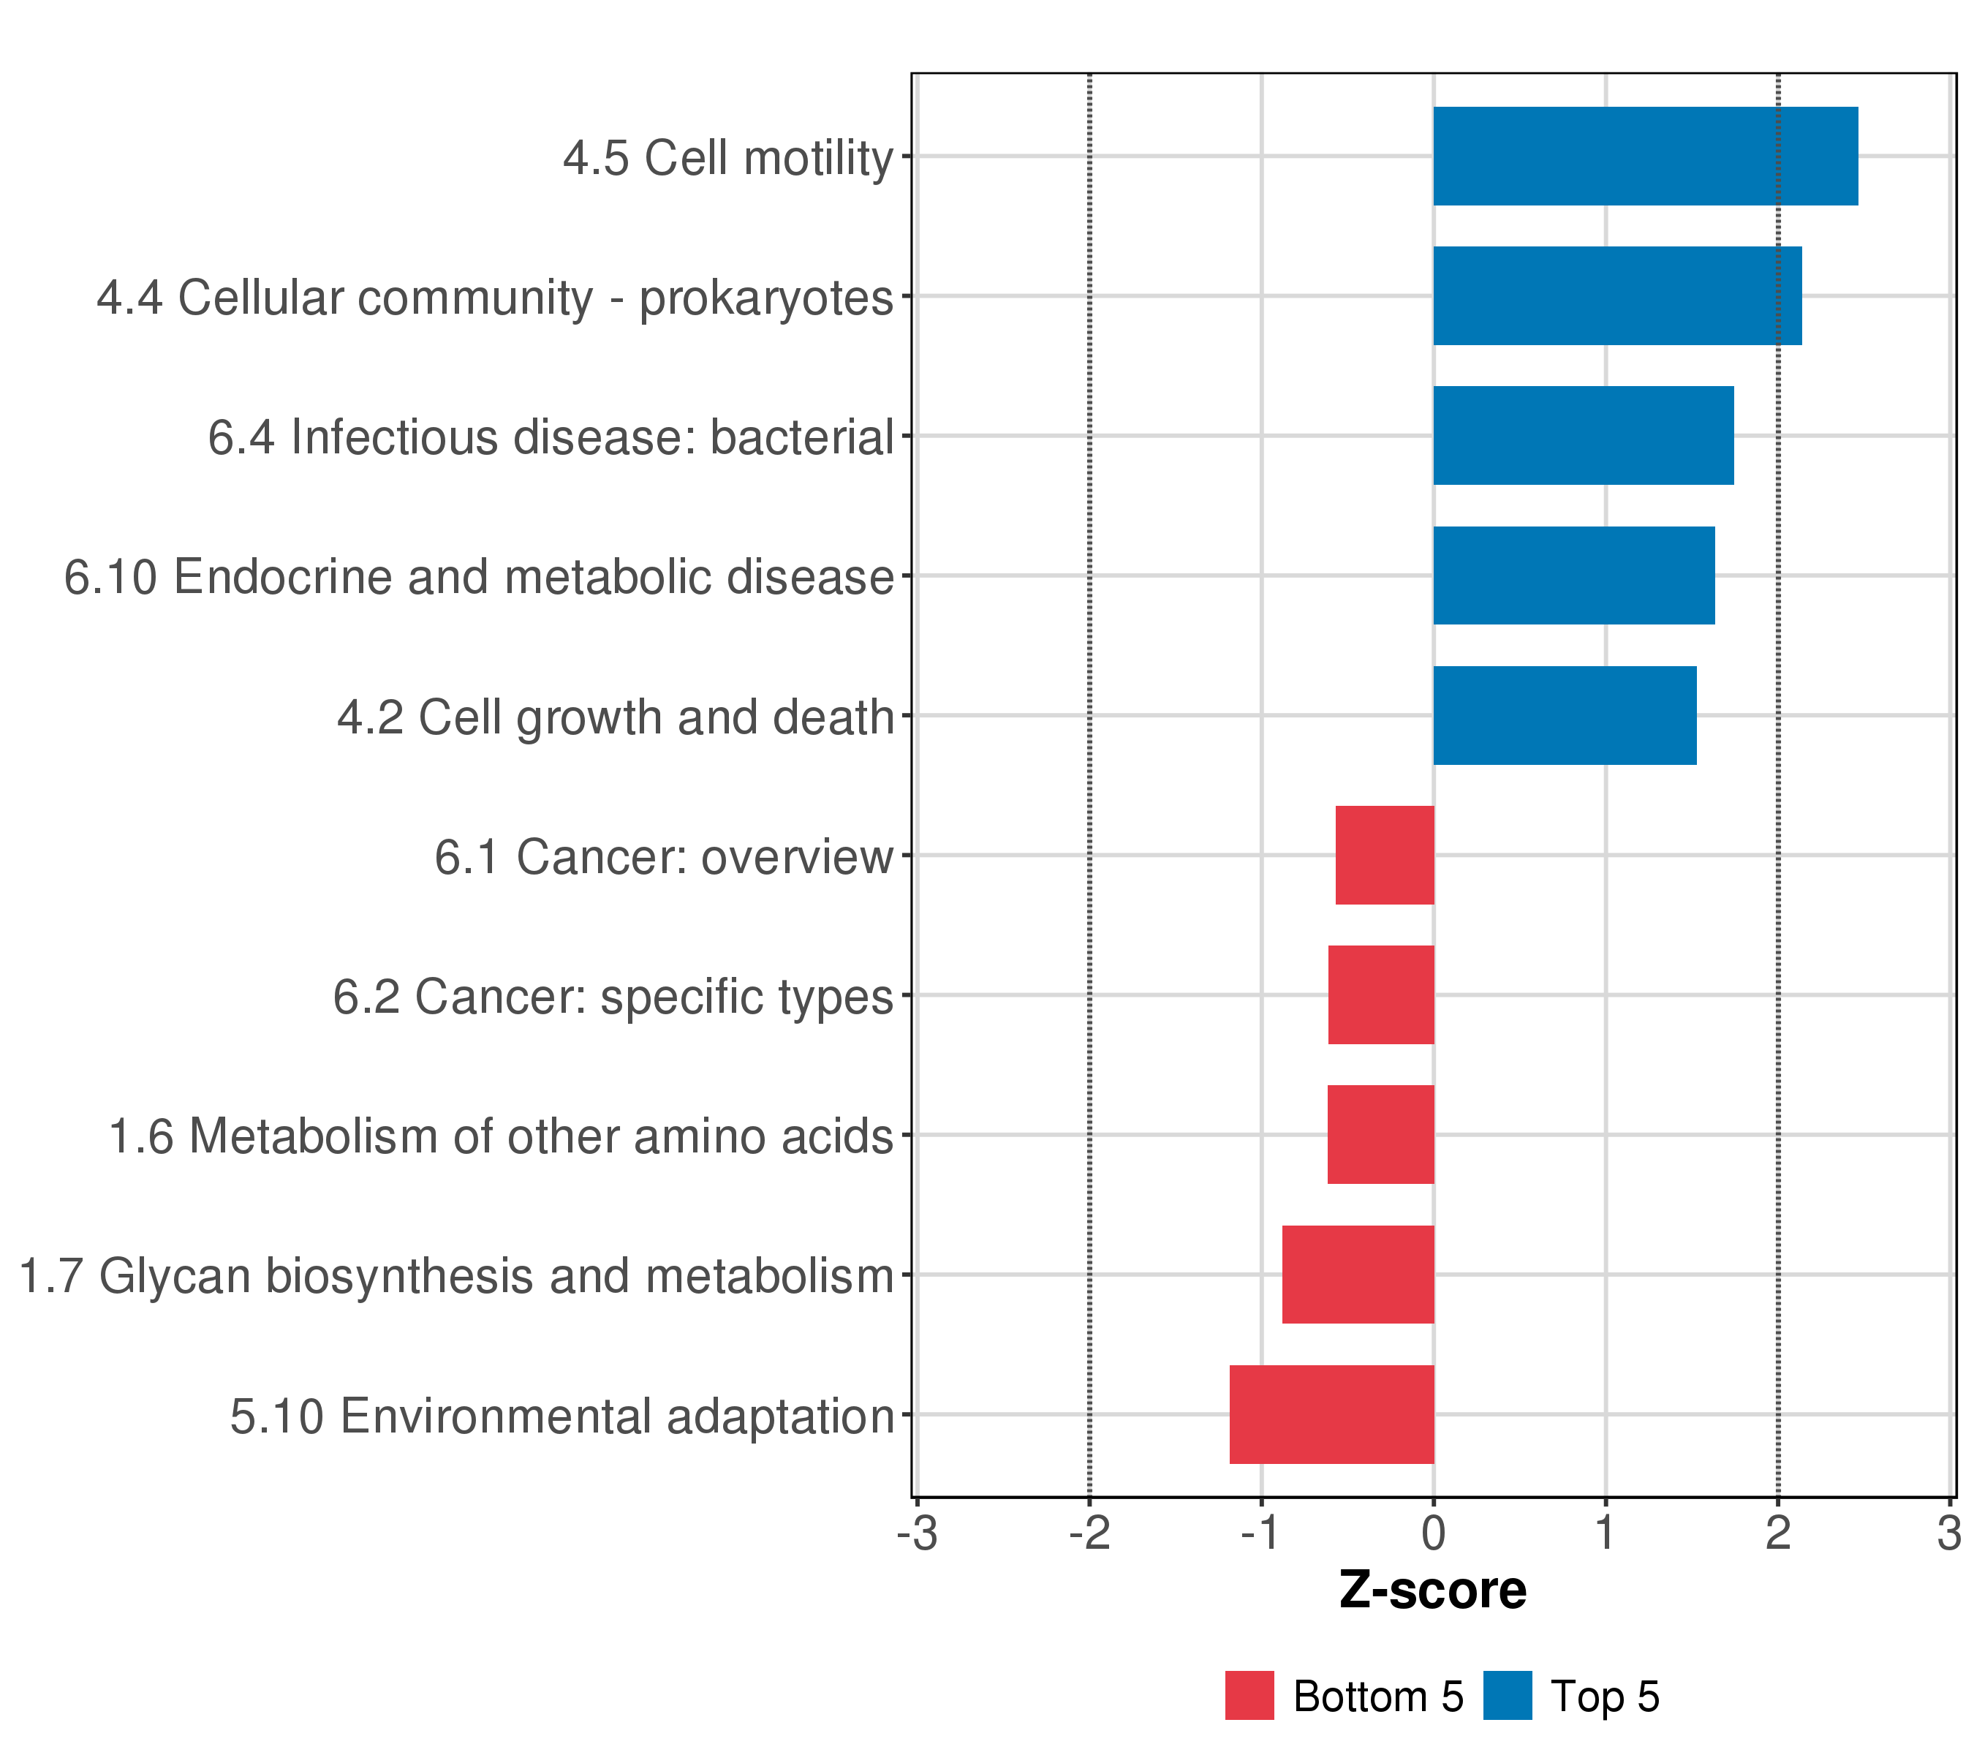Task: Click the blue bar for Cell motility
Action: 1645,156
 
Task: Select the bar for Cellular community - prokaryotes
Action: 1616,295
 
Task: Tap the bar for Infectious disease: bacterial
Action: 1583,436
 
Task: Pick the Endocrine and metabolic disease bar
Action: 1573,575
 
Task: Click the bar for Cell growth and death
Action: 1565,716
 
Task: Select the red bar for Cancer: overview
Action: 1384,855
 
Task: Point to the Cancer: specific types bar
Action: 1380,994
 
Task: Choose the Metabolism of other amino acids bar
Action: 1380,1135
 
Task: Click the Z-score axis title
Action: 1432,1590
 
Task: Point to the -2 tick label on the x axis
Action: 1089,1534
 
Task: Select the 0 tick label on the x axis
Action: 1433,1534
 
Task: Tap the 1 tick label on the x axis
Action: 1605,1534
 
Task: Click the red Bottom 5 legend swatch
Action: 1249,1696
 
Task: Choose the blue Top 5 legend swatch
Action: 1507,1696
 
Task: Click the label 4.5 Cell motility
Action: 728,157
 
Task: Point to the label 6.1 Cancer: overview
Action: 663,857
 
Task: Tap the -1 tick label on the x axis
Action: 1260,1534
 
